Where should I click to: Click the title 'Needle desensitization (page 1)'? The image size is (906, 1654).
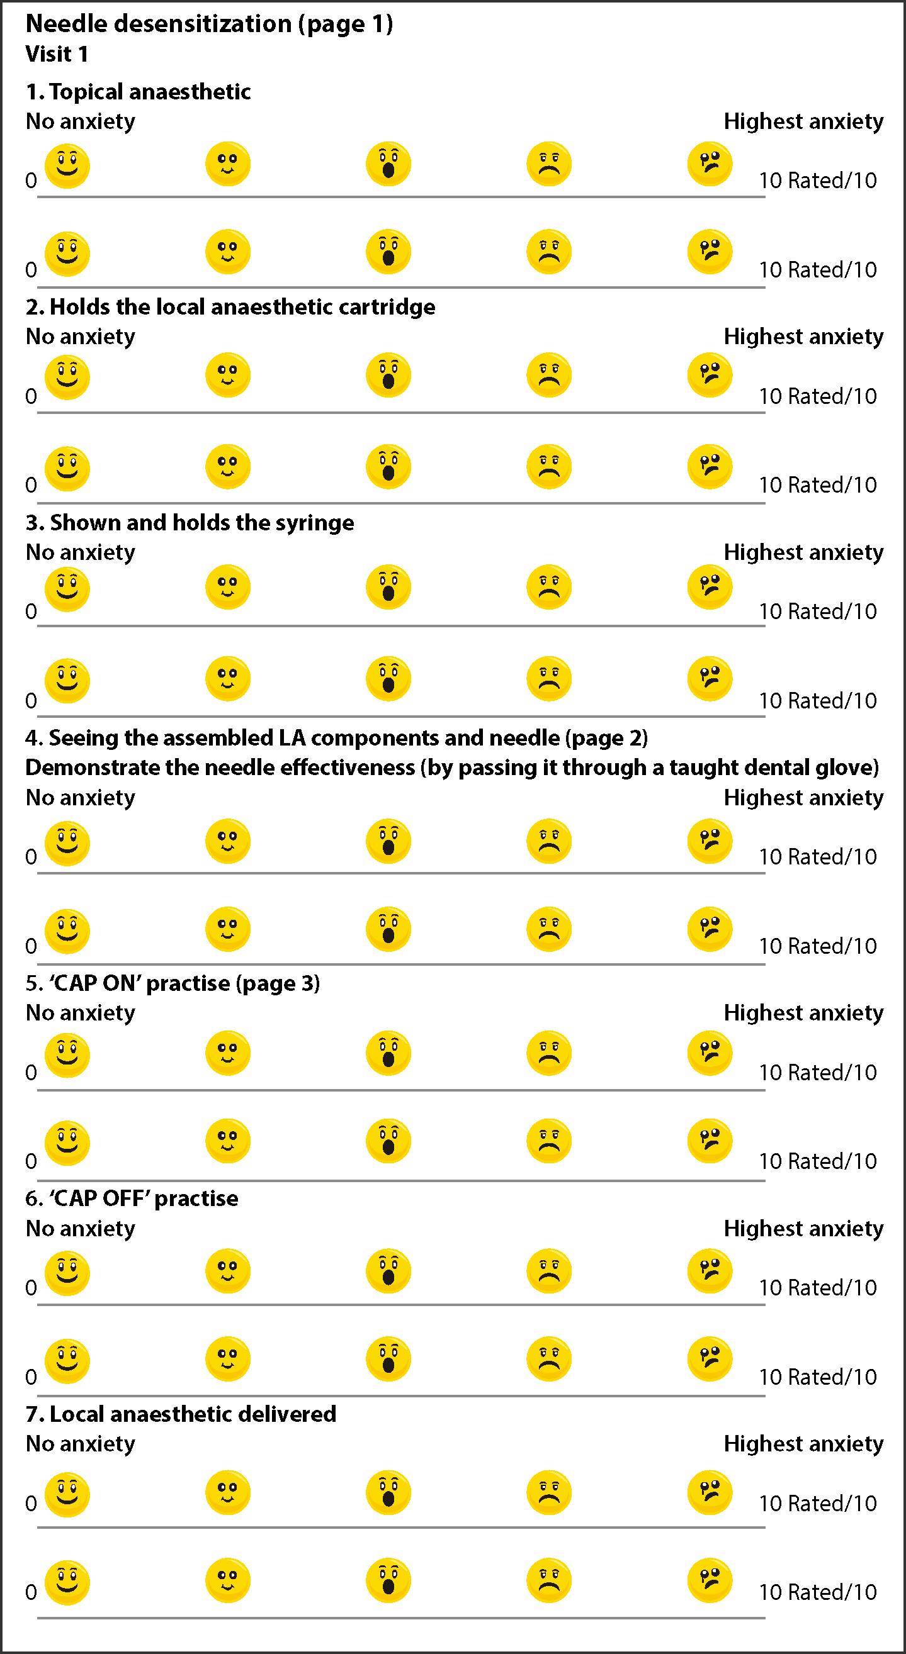point(210,24)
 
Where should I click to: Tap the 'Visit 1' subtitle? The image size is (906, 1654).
point(57,54)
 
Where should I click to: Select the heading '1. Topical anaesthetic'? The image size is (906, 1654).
point(138,92)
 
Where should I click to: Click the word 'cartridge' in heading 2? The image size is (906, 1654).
point(387,307)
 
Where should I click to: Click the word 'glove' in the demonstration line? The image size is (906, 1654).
point(847,768)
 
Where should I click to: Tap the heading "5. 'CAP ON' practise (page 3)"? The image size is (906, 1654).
point(173,984)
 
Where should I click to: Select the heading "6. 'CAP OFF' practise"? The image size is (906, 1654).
point(132,1199)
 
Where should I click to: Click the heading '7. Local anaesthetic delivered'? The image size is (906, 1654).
point(181,1414)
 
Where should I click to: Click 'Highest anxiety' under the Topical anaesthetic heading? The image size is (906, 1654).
point(804,121)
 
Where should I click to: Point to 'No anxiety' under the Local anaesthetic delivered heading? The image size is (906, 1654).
point(81,1444)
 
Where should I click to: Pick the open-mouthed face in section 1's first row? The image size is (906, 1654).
point(388,164)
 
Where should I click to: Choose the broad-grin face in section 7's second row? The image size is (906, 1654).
point(67,1583)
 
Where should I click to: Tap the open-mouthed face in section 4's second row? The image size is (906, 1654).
point(388,929)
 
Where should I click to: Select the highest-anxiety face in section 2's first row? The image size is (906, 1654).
point(710,375)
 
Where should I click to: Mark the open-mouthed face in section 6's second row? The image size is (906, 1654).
point(388,1359)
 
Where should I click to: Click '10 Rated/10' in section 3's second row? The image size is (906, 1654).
point(818,700)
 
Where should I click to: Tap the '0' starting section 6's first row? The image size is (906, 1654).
point(31,1288)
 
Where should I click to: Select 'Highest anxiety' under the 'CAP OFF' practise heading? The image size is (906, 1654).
point(804,1229)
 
